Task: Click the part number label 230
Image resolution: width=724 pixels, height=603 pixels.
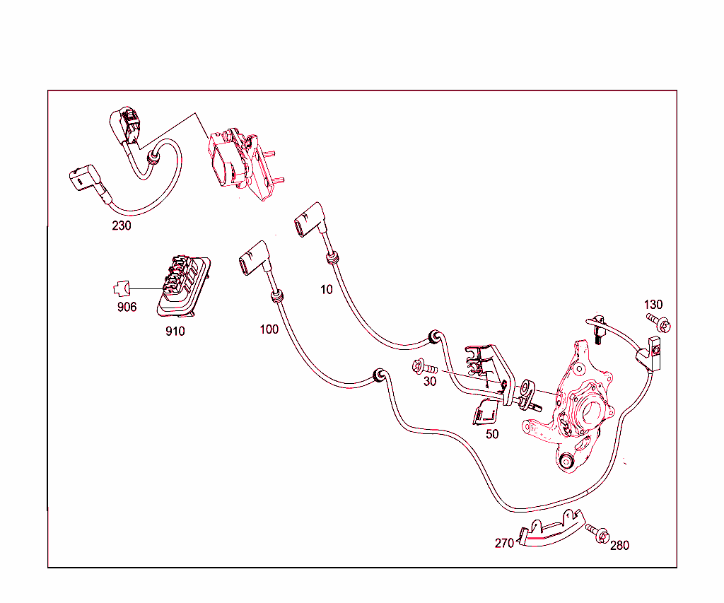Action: click(122, 226)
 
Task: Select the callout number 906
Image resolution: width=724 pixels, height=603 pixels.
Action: click(127, 307)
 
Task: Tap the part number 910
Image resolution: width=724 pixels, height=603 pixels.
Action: click(175, 331)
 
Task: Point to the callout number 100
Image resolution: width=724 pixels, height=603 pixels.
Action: click(269, 329)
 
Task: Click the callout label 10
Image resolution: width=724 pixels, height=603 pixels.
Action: click(327, 290)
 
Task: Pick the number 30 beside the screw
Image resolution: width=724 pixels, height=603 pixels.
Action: click(430, 381)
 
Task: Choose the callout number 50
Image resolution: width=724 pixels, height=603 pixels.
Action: click(492, 434)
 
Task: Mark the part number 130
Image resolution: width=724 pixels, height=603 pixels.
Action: click(653, 305)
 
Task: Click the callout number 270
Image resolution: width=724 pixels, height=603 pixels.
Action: click(504, 544)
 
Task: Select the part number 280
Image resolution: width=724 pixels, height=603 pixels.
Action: click(619, 546)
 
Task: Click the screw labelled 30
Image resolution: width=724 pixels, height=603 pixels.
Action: click(424, 367)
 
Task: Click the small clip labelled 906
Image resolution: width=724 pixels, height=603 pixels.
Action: click(122, 288)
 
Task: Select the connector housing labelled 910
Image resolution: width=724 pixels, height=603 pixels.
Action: click(184, 286)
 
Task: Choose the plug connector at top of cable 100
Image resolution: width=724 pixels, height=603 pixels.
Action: click(254, 259)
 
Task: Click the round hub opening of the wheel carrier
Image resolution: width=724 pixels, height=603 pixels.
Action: click(591, 412)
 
